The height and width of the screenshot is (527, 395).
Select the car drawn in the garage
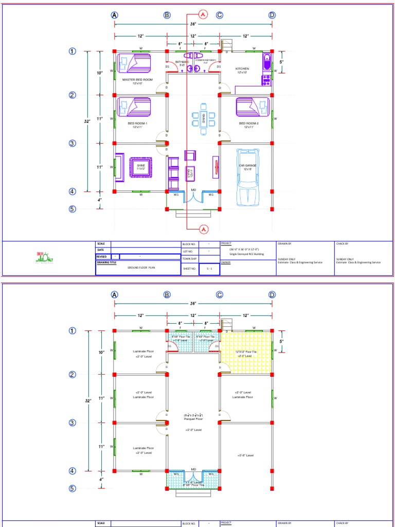(247, 177)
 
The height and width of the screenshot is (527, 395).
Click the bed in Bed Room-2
(253, 108)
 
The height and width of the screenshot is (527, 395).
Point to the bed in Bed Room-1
(134, 108)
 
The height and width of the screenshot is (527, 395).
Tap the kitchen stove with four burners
(266, 80)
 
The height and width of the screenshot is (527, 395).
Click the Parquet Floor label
(193, 419)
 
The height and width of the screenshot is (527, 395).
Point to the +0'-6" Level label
(246, 455)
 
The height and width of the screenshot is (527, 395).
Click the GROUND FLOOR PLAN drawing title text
(141, 268)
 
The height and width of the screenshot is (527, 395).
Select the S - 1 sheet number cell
(209, 269)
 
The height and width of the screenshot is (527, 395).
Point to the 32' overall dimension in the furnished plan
(88, 121)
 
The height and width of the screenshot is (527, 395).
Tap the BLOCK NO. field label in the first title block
(189, 244)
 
